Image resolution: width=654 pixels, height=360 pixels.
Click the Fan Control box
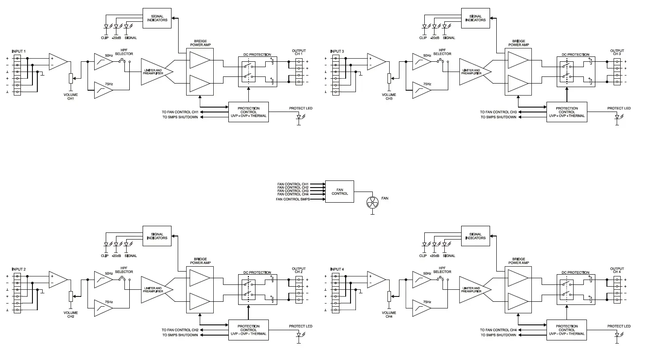(x=339, y=192)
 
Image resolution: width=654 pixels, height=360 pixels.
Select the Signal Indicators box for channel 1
(x=157, y=18)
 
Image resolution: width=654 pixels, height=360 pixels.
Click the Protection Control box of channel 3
(x=566, y=112)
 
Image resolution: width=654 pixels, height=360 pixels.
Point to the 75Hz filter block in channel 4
(x=422, y=308)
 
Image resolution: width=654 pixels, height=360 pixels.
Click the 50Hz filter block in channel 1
(x=104, y=62)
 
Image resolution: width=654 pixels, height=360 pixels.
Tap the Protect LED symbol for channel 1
(x=299, y=117)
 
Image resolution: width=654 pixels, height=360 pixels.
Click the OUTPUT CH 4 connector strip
(x=617, y=290)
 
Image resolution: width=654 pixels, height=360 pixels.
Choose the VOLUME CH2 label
(x=70, y=315)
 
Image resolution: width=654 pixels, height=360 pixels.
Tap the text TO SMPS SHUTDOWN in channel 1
(x=180, y=117)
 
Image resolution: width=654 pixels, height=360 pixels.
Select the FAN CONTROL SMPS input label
(x=293, y=200)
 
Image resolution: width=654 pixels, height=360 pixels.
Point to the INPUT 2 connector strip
(x=17, y=293)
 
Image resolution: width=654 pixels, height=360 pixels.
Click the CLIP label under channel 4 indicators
(x=423, y=256)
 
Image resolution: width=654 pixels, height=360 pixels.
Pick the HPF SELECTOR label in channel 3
(x=442, y=52)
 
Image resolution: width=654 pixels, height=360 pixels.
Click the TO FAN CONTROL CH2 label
(x=180, y=330)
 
